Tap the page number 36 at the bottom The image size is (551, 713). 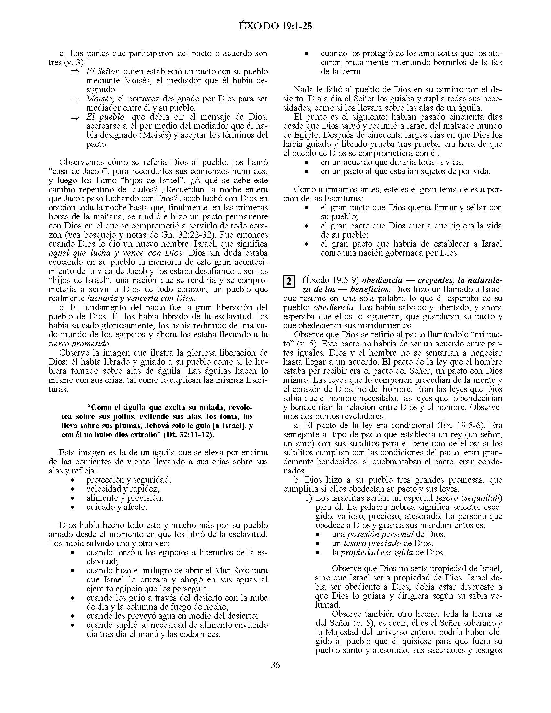pos(275,665)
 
